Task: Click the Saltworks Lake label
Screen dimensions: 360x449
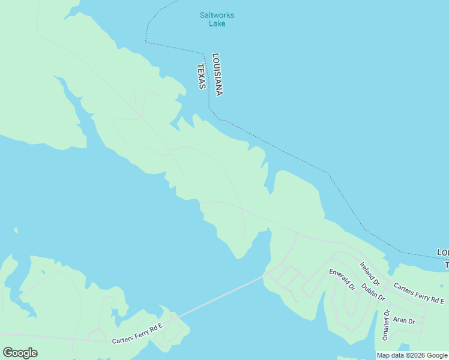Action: (217, 19)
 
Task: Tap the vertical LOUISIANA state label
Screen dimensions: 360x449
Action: (217, 74)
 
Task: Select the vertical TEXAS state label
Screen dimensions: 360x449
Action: (202, 76)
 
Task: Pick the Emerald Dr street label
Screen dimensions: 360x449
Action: (342, 280)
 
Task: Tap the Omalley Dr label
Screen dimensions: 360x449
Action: (386, 325)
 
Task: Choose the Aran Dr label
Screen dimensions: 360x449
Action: (404, 321)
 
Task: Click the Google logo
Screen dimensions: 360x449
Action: (20, 352)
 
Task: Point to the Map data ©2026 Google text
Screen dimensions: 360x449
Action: (412, 355)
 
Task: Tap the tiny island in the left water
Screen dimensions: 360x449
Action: (16, 230)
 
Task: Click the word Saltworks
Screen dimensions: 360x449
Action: (217, 15)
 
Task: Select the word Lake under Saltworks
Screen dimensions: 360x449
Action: (217, 23)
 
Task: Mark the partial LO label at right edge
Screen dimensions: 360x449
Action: (443, 251)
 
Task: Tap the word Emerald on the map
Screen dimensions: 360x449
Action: (339, 277)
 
